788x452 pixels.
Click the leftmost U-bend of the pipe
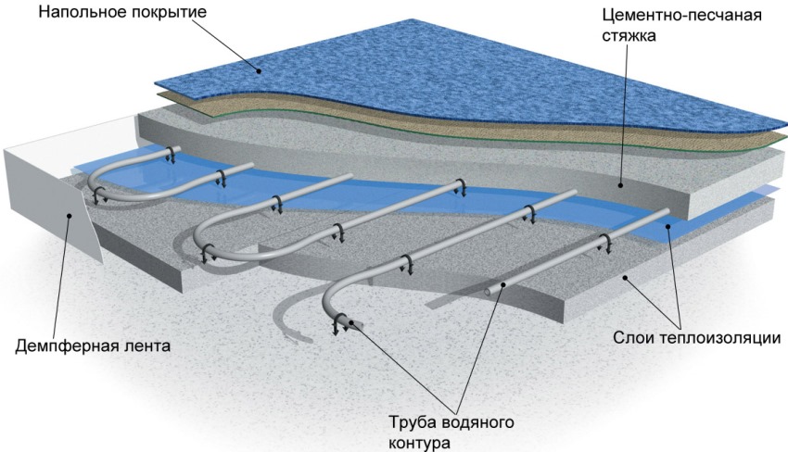(x=98, y=185)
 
